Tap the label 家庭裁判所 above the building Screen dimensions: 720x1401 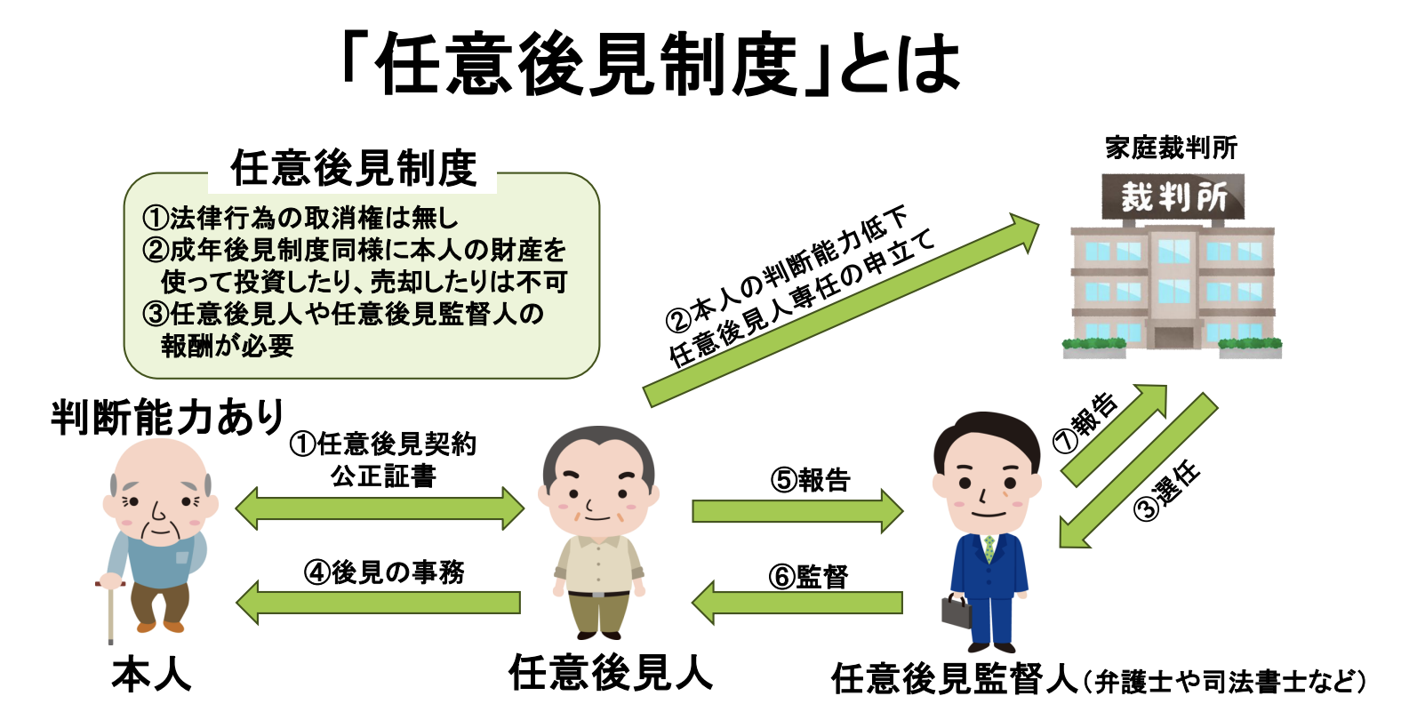pyautogui.click(x=1171, y=148)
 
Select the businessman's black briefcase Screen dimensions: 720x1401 pyautogui.click(x=957, y=612)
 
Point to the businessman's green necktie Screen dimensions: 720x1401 pyautogui.click(x=989, y=548)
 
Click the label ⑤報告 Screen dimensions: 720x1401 pyautogui.click(x=810, y=480)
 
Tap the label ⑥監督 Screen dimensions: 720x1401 pyautogui.click(x=808, y=576)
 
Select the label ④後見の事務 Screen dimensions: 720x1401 pyautogui.click(x=383, y=572)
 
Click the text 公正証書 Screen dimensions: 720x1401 pyautogui.click(x=383, y=476)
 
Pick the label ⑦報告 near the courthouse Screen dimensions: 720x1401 pyautogui.click(x=1085, y=423)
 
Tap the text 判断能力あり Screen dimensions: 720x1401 pyautogui.click(x=167, y=417)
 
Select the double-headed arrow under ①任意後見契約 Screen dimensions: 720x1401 pyautogui.click(x=380, y=508)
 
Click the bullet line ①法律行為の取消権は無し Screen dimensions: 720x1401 pyautogui.click(x=300, y=217)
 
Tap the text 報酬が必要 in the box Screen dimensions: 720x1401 pyautogui.click(x=228, y=346)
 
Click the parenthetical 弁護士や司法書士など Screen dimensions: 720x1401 pyautogui.click(x=1224, y=682)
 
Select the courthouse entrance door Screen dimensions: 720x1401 pyautogui.click(x=1172, y=337)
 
